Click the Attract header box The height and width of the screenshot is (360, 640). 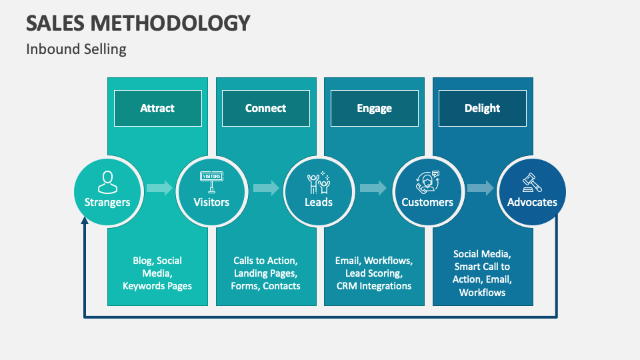click(157, 108)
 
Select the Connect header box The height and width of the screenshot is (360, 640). click(265, 108)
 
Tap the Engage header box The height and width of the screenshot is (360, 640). click(374, 108)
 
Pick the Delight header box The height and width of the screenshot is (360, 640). click(482, 108)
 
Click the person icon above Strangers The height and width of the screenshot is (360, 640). click(107, 181)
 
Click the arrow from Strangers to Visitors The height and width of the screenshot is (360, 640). click(159, 188)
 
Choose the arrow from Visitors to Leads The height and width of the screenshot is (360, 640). click(266, 188)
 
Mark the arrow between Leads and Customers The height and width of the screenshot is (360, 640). click(373, 188)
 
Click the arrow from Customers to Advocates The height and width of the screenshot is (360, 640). click(481, 188)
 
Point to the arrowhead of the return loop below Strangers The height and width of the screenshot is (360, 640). click(85, 223)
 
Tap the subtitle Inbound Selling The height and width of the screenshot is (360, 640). click(76, 49)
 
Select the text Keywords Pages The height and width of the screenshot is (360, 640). click(157, 286)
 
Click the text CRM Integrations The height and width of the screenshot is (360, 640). click(374, 286)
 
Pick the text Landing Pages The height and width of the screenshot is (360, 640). click(265, 273)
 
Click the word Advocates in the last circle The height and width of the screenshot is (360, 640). click(532, 202)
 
